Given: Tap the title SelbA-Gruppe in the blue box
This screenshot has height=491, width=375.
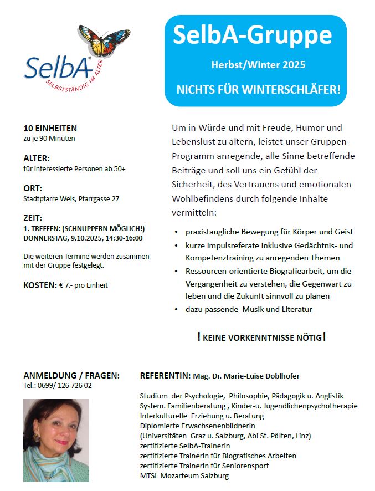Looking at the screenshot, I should coord(252,35).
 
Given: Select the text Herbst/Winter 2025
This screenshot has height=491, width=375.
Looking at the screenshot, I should coord(258,65).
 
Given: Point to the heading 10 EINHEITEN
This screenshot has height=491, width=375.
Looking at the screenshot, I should coord(50,128).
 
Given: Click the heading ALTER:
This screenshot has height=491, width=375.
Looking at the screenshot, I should coord(37,158).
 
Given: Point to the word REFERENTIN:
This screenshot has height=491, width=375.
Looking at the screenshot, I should coord(165,376).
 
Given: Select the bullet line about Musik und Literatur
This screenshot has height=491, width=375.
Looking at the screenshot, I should coord(249,309).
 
